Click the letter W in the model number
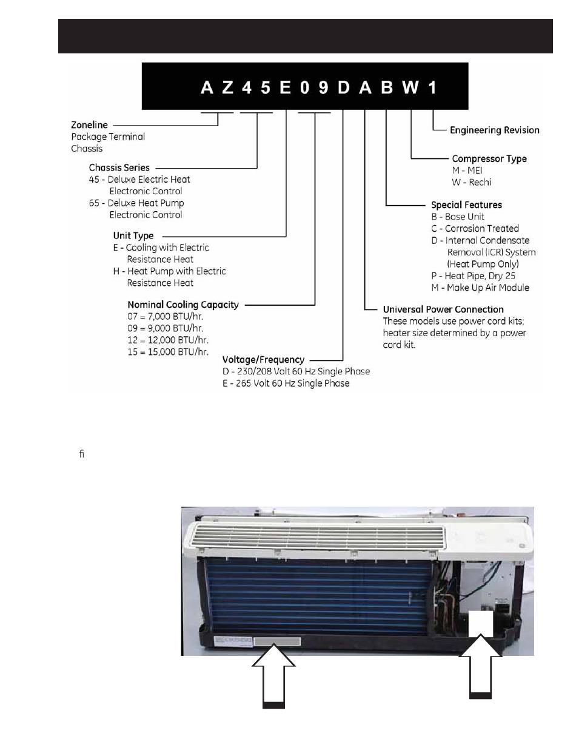[410, 88]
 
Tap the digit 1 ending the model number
[432, 88]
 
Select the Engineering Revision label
[494, 130]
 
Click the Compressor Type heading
[489, 158]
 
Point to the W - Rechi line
[471, 182]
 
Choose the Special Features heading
[466, 205]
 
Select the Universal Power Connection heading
[443, 309]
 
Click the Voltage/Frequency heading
[263, 360]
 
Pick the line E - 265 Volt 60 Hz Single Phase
[286, 383]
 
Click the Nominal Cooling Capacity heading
[183, 305]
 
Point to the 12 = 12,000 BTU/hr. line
[168, 340]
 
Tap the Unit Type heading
[133, 235]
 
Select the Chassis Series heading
[119, 167]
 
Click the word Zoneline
[90, 125]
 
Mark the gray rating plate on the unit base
[277, 641]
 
